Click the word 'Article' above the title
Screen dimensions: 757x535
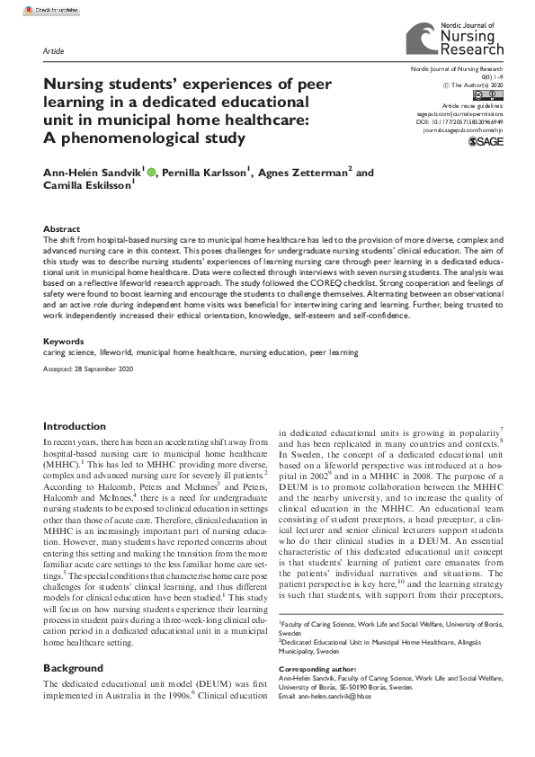(54, 51)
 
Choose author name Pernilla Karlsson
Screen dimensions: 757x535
(206, 172)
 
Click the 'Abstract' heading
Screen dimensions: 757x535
(61, 229)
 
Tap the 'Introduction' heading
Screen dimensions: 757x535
(75, 426)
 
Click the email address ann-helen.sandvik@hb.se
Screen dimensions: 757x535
(352, 720)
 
